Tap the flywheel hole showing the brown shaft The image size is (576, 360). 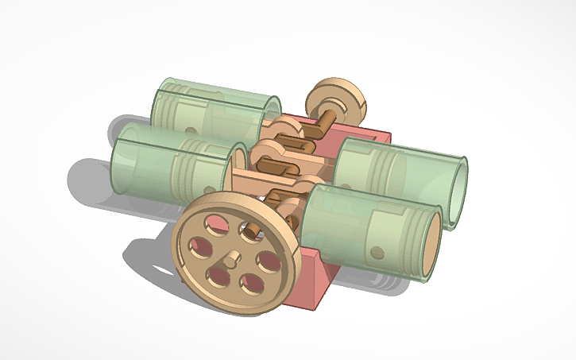251,235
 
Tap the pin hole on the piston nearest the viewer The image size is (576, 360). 376,253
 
